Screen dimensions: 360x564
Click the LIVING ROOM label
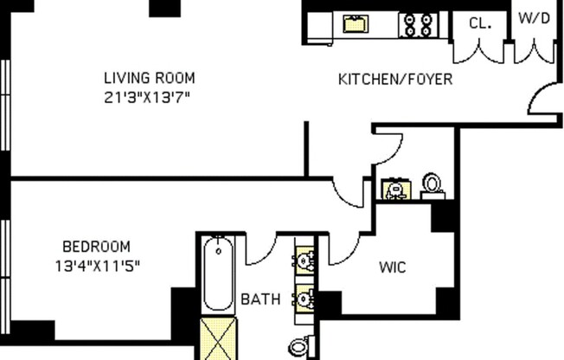tap(149, 77)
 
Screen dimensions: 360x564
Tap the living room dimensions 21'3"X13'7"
tap(149, 97)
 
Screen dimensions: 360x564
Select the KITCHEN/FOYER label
tap(394, 80)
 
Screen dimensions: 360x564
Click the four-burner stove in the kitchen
tap(418, 23)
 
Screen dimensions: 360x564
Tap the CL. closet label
tap(480, 23)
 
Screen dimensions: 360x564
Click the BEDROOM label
tap(96, 245)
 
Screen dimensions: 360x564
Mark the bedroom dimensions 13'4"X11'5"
tap(97, 266)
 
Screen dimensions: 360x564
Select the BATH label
tap(260, 299)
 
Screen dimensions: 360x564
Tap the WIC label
tap(392, 267)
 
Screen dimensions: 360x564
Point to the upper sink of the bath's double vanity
tap(304, 260)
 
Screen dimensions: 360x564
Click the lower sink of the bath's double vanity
tap(304, 299)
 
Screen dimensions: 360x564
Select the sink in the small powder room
tap(396, 190)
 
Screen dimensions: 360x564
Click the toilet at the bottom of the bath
tap(299, 347)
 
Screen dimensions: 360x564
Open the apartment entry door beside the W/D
tap(543, 100)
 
